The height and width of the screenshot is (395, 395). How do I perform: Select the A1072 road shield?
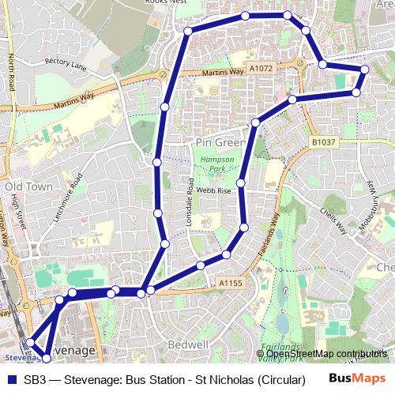pos(262,69)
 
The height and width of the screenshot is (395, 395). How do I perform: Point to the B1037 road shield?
pos(323,142)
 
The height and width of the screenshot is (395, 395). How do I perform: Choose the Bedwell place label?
pos(189,345)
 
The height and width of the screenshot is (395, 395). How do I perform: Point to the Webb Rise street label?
pos(213,190)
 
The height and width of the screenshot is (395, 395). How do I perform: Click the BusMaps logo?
pos(357,378)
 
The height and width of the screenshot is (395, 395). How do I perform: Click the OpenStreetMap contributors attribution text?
pos(326,353)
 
